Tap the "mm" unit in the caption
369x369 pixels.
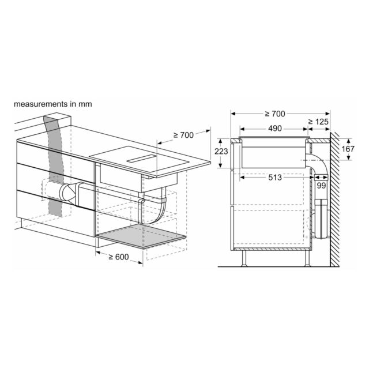85,104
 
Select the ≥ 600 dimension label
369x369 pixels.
119,257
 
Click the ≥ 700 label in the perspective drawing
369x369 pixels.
183,135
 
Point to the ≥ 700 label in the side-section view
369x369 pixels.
275,114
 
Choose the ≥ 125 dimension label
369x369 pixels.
318,122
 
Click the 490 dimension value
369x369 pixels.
275,129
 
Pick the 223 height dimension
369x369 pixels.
221,151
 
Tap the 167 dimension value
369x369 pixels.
348,149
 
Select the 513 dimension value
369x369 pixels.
275,178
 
